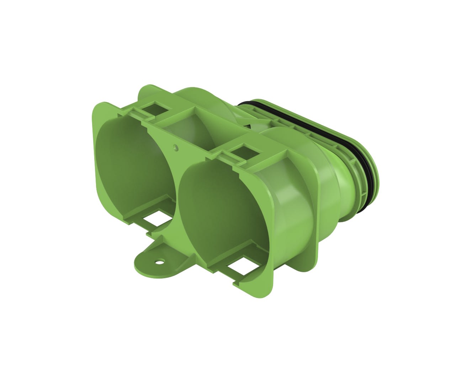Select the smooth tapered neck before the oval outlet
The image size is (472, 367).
click(x=341, y=185)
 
